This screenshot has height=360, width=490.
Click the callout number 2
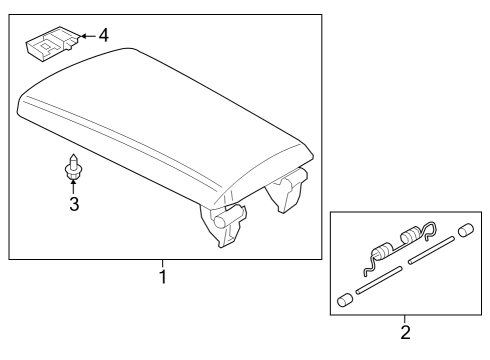(405, 330)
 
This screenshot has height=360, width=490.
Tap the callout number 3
(73, 205)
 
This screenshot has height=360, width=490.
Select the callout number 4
(103, 36)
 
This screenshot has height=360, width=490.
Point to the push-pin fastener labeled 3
(73, 168)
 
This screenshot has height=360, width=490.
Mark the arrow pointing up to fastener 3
(73, 187)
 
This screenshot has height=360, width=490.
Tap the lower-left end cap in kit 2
(345, 299)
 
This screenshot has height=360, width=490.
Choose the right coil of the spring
(412, 238)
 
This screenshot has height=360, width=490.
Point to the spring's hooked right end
(431, 232)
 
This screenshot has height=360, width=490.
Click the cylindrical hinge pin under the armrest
(233, 213)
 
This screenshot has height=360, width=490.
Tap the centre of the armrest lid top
(150, 130)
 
